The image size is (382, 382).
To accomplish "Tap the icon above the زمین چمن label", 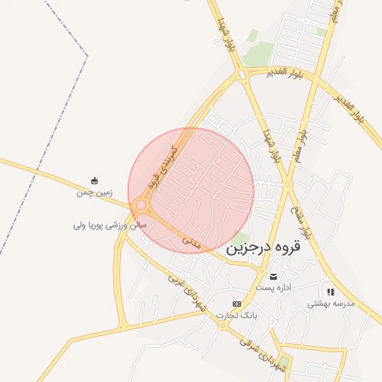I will [x=94, y=181].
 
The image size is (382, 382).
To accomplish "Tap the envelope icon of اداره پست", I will [x=273, y=277].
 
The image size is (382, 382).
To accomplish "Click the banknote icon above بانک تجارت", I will [x=237, y=304].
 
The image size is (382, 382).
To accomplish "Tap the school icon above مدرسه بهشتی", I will [x=331, y=292].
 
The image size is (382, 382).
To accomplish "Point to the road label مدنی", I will [x=190, y=241].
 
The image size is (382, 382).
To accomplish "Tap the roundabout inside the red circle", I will [x=141, y=204].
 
